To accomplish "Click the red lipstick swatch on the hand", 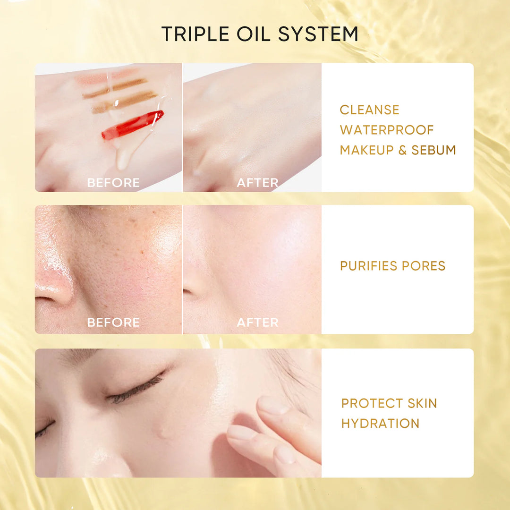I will coord(133,125).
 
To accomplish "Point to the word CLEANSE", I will coord(370,110).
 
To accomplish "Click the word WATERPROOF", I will coord(387,130).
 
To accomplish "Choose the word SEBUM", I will coord(433,150).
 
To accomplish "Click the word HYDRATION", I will coord(380,424).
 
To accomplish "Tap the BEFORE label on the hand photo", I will coord(113,183).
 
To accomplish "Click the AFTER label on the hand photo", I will coord(257,183).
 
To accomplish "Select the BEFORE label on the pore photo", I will coord(113,323).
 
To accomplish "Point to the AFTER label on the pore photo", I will coord(257,323).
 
